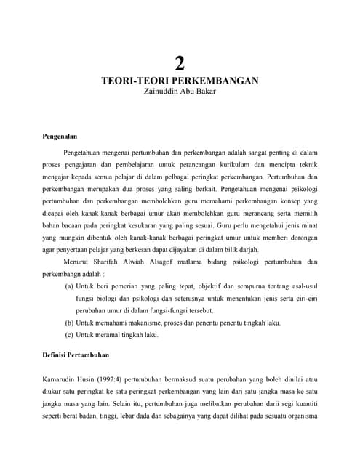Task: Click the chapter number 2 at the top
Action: click(x=180, y=63)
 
